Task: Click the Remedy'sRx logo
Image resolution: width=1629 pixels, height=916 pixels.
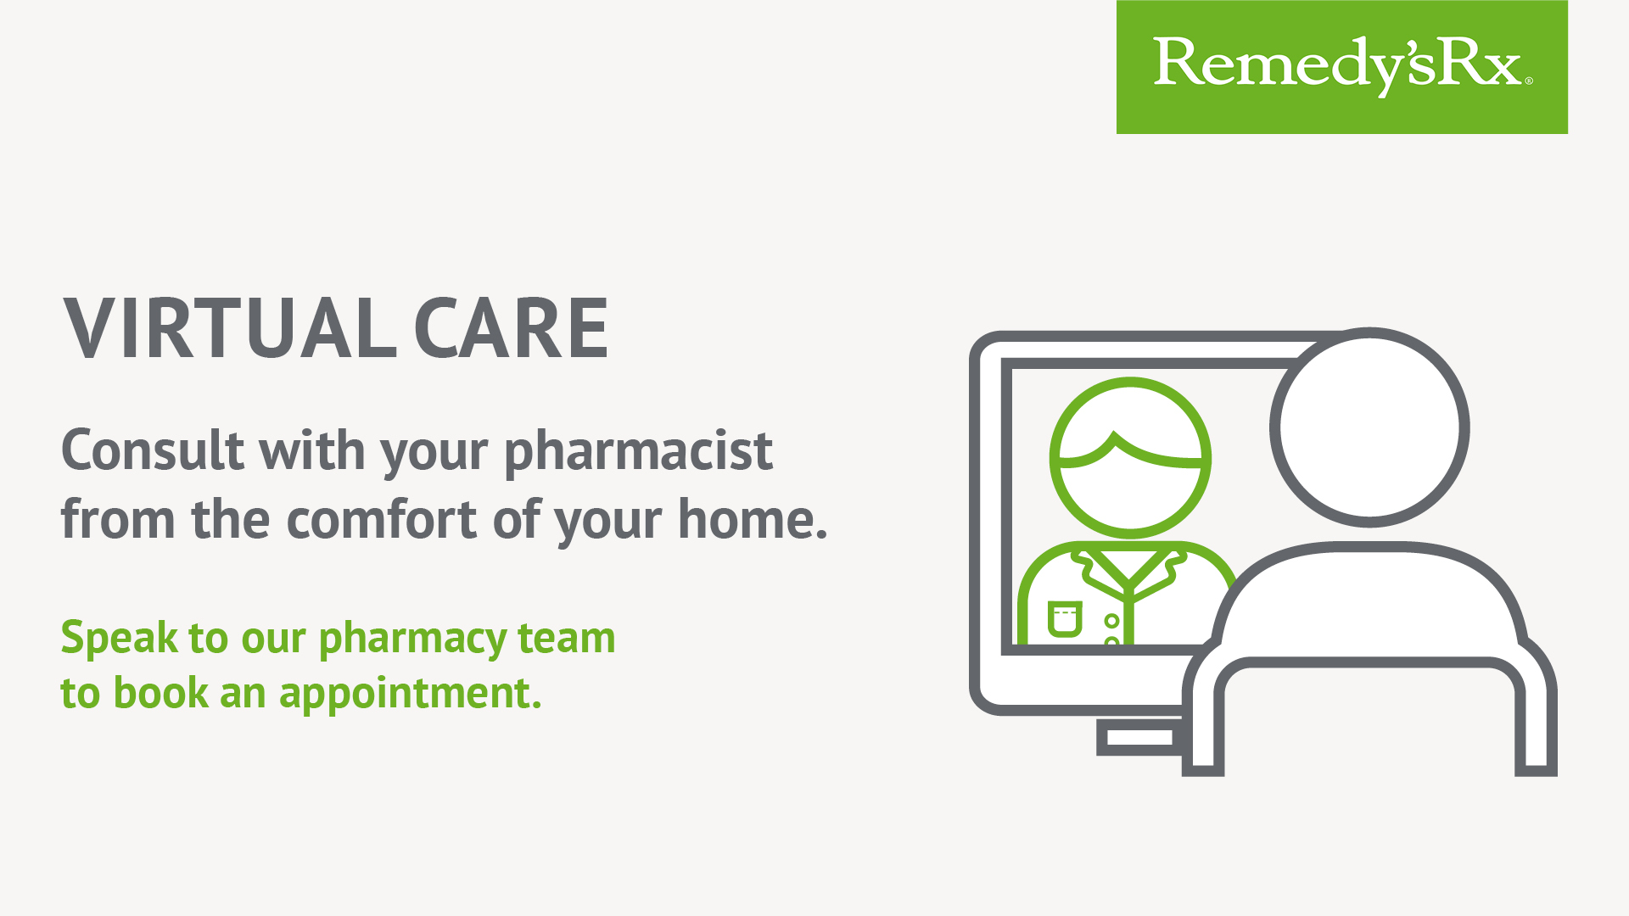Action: pyautogui.click(x=1341, y=66)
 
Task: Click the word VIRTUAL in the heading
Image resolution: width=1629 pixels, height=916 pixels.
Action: pyautogui.click(x=230, y=328)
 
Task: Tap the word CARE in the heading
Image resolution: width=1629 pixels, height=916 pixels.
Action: pyautogui.click(x=511, y=328)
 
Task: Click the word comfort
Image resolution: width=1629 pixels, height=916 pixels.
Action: pyautogui.click(x=382, y=518)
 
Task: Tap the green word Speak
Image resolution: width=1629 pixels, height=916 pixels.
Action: pyautogui.click(x=120, y=639)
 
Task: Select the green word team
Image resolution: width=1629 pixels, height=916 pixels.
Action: pyautogui.click(x=566, y=638)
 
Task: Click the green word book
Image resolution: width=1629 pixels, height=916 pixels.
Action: pyautogui.click(x=160, y=692)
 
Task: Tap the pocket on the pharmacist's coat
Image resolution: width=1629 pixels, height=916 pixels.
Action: pyautogui.click(x=1065, y=618)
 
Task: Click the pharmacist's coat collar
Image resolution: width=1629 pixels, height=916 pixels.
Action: pyautogui.click(x=1128, y=573)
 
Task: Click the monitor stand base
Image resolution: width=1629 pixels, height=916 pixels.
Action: pyautogui.click(x=1139, y=737)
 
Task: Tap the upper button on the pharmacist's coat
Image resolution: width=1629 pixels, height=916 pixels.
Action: pyautogui.click(x=1111, y=621)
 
